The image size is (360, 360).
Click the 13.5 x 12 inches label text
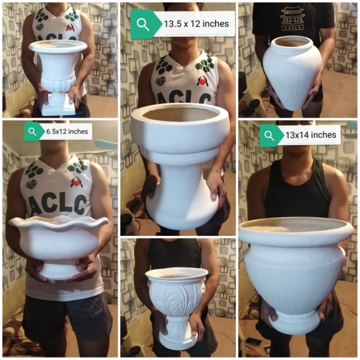[x=196, y=24]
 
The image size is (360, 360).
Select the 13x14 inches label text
[x=310, y=135]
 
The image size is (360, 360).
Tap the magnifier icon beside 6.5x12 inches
[x=32, y=132]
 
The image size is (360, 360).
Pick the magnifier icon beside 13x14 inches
[x=269, y=135]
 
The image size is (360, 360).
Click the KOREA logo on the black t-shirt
[x=292, y=18]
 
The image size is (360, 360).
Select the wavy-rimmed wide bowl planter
[x=58, y=238]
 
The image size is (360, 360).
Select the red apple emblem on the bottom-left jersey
[x=76, y=182]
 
